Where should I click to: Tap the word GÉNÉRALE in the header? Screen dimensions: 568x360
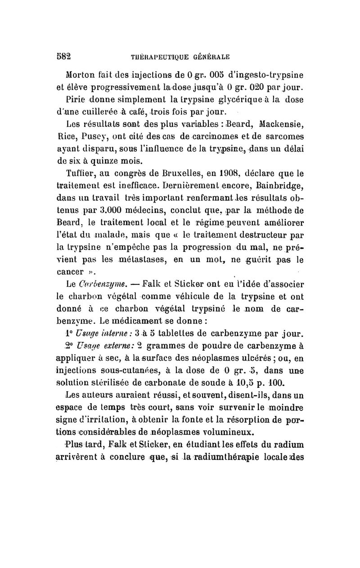coord(211,57)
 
